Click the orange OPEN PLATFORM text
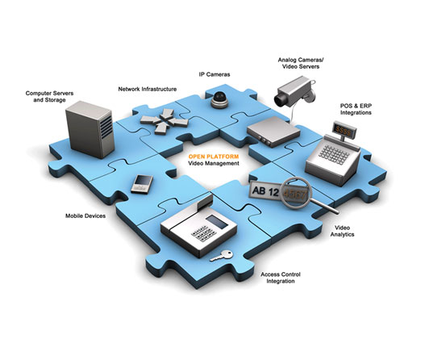(214, 157)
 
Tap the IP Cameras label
(215, 74)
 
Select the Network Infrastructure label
(148, 89)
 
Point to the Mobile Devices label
(85, 216)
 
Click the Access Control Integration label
(281, 278)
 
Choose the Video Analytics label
(342, 231)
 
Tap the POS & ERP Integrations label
(356, 109)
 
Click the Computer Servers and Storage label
(49, 97)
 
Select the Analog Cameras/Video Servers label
(301, 63)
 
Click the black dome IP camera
(220, 100)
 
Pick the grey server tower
(90, 129)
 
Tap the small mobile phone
(142, 184)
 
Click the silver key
(222, 256)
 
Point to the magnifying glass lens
(296, 193)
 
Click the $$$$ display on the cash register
(344, 131)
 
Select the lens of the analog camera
(280, 100)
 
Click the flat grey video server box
(273, 132)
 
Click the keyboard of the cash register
(334, 154)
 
